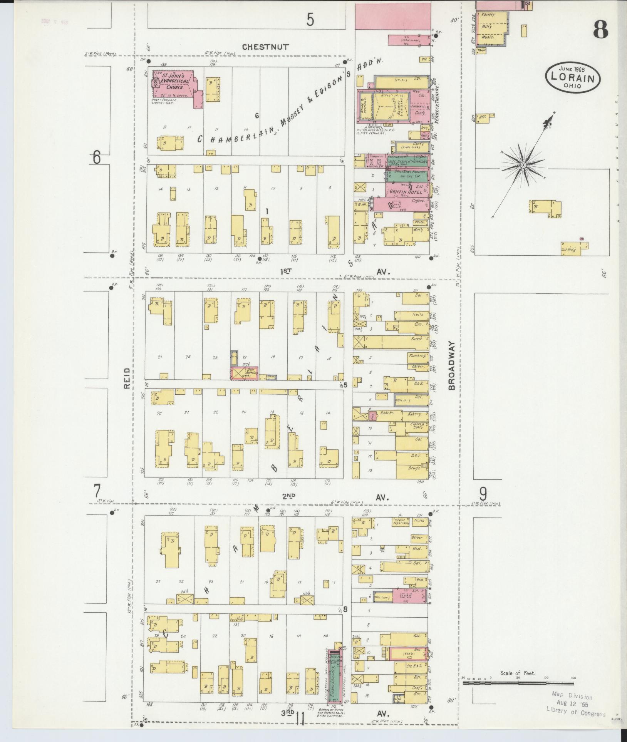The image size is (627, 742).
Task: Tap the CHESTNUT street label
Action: (x=265, y=47)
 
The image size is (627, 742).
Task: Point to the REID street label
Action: (x=127, y=379)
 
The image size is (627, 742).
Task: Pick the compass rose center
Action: (x=523, y=165)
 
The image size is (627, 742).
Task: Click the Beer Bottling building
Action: (x=245, y=373)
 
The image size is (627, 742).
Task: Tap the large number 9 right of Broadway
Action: (x=483, y=493)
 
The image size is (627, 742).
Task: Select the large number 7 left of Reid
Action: (x=97, y=491)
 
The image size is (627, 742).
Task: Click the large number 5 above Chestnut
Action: (x=310, y=20)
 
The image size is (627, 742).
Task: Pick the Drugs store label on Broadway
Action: (x=413, y=468)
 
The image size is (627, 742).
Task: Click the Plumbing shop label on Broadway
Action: (x=417, y=356)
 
